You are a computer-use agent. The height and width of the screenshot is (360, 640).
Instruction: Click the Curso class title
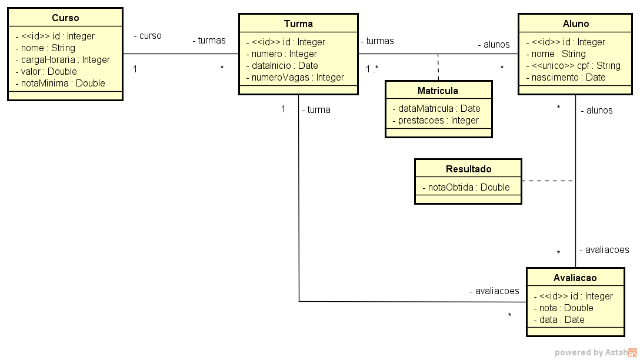tap(65, 18)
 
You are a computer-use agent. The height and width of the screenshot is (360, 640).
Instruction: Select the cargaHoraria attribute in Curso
tap(63, 59)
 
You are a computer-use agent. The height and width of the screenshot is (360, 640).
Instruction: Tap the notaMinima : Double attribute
tap(60, 83)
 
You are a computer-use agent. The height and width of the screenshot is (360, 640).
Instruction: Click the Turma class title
tap(298, 24)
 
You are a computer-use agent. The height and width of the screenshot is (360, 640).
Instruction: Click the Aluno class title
tap(576, 24)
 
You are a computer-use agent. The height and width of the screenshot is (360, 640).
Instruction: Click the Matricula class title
tap(438, 91)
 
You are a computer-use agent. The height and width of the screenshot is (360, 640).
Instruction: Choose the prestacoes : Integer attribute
tap(435, 120)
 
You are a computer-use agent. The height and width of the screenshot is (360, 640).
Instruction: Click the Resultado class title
tap(468, 169)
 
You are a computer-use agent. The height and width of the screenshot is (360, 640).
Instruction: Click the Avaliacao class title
tap(575, 278)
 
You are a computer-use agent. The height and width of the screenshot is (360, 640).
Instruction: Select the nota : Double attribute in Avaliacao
tap(563, 308)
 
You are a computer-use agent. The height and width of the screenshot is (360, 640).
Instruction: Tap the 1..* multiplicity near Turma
tap(372, 69)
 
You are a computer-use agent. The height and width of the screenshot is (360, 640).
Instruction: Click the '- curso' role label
tap(148, 35)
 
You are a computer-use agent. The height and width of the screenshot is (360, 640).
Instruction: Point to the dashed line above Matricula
tap(438, 67)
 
